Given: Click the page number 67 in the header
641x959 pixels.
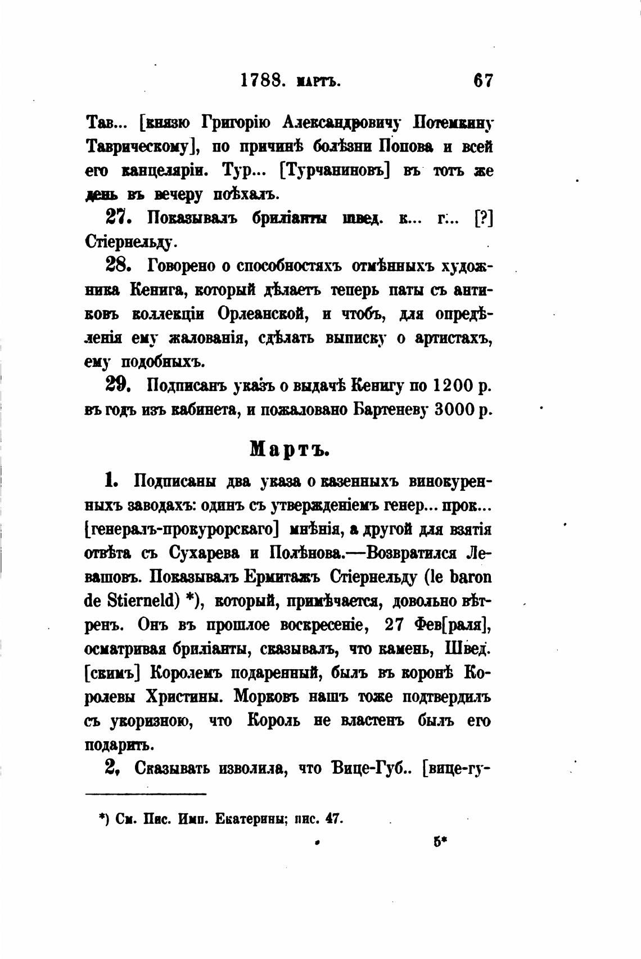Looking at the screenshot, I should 483,81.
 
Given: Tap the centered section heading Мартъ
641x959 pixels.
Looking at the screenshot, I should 289,449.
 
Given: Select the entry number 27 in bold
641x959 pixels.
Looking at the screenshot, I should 116,217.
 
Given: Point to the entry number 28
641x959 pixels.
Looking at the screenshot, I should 118,265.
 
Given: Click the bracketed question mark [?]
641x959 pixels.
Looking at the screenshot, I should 484,218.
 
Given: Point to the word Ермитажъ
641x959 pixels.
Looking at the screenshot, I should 282,577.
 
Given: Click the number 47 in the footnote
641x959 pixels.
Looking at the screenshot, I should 334,819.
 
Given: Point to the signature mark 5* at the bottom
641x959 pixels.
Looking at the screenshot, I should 440,842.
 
